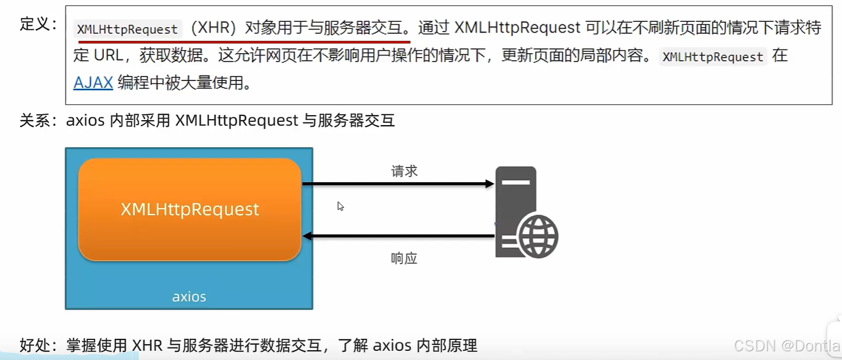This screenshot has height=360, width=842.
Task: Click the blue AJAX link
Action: click(x=93, y=83)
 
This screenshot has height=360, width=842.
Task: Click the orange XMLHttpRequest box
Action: click(x=189, y=209)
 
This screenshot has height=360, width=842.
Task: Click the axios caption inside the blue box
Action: click(x=189, y=296)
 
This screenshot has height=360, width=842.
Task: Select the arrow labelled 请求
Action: click(x=398, y=184)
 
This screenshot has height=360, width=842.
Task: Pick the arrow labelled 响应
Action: click(x=398, y=236)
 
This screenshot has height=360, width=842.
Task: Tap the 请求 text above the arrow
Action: click(x=404, y=171)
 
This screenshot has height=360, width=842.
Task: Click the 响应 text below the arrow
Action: click(x=404, y=258)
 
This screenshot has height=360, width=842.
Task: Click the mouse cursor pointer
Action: click(x=340, y=206)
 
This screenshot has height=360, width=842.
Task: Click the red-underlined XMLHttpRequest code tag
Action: click(x=127, y=29)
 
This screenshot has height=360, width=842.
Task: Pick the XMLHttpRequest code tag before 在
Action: click(x=713, y=57)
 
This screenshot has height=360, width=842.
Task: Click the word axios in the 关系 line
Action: click(x=85, y=120)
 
